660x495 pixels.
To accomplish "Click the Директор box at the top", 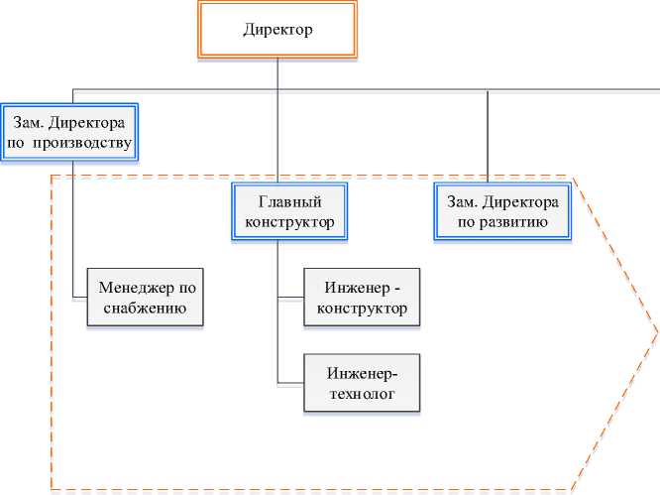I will pos(278,30).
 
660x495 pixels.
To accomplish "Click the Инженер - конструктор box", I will pos(362,298).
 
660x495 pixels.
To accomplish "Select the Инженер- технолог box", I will pos(362,383).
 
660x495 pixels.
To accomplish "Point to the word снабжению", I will pos(150,309).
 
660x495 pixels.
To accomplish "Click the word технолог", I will pos(362,394).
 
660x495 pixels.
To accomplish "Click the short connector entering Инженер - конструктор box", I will pos(291,298).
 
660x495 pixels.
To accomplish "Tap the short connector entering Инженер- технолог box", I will pos(291,383).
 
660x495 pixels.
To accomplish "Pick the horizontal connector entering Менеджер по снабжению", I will pos(80,297).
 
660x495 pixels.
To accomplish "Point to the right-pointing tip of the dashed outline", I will pos(656,333).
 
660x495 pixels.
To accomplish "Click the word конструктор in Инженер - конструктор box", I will pos(362,309).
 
